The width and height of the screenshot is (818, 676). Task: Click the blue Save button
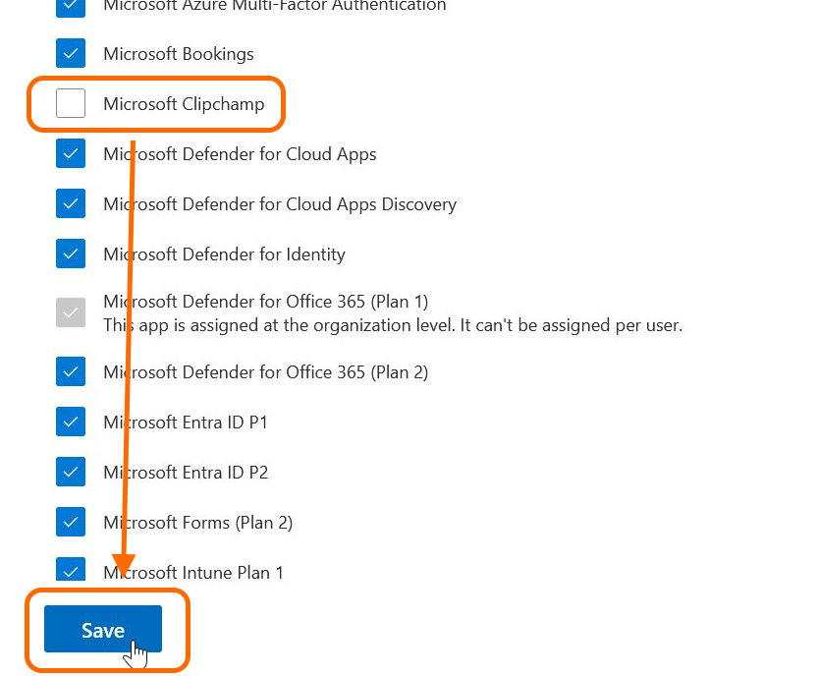coord(102,629)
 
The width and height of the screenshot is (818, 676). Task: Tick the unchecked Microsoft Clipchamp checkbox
coord(71,103)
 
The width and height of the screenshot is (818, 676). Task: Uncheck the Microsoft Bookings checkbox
coord(71,53)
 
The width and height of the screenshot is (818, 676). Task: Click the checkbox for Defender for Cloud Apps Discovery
coord(71,203)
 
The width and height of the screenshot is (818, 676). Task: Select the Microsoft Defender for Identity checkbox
coord(71,253)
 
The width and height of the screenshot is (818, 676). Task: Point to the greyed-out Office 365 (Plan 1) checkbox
coord(71,312)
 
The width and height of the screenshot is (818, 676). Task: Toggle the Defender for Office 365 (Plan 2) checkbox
coord(71,371)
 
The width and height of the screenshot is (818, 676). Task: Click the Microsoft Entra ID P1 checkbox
coord(71,422)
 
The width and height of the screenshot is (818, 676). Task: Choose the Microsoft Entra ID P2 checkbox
coord(71,472)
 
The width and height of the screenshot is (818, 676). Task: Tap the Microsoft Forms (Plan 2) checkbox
coord(71,522)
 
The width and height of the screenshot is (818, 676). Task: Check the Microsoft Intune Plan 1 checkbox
coord(71,571)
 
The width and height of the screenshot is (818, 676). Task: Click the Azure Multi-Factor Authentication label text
coord(274,6)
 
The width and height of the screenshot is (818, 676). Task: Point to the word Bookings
coord(218,54)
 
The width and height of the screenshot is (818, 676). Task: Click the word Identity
coord(313,254)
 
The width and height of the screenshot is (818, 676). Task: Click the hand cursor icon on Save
coord(138,653)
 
